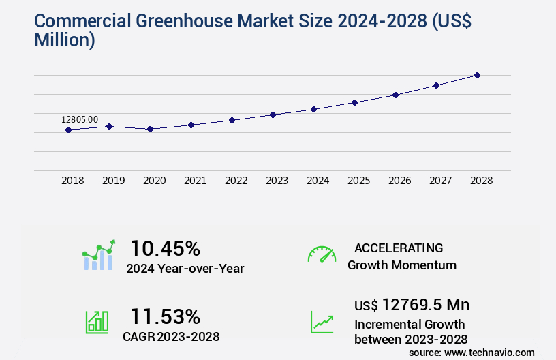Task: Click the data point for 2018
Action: pyautogui.click(x=68, y=130)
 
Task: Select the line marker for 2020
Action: pyautogui.click(x=150, y=129)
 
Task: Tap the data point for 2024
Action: pyautogui.click(x=313, y=109)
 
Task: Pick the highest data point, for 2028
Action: pyautogui.click(x=477, y=75)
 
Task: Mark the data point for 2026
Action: pyautogui.click(x=395, y=95)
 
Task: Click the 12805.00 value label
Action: pyautogui.click(x=80, y=119)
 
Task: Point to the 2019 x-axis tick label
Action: pyautogui.click(x=114, y=181)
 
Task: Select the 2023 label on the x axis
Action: pyautogui.click(x=277, y=181)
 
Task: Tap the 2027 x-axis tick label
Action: pyautogui.click(x=441, y=181)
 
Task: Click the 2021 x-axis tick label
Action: pyautogui.click(x=196, y=181)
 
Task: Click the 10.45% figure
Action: pyautogui.click(x=165, y=247)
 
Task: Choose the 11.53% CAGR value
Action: pyautogui.click(x=165, y=316)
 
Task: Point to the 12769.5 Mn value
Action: pyautogui.click(x=426, y=305)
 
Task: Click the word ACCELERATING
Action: pyautogui.click(x=399, y=247)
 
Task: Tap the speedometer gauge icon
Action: pyautogui.click(x=322, y=254)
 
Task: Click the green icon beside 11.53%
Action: pyautogui.click(x=97, y=322)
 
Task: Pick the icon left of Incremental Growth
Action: pyautogui.click(x=322, y=322)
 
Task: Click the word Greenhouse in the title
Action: pyautogui.click(x=173, y=20)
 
